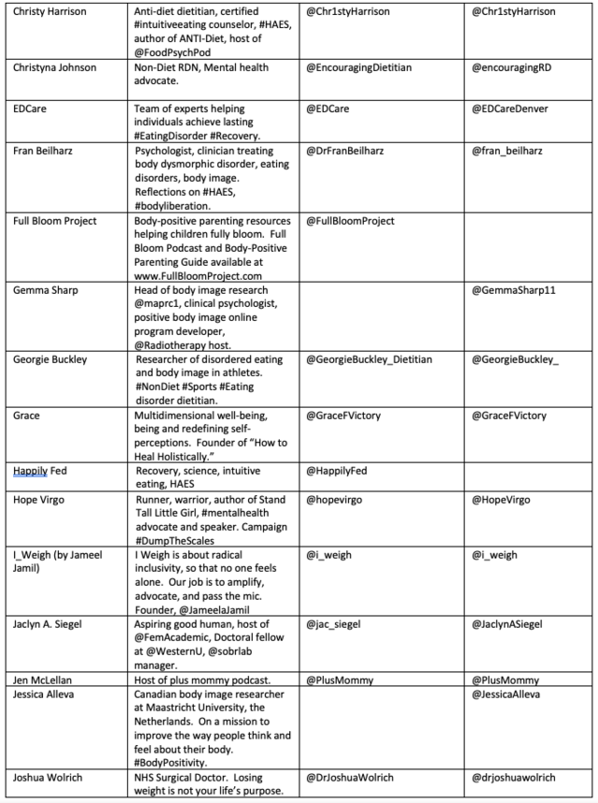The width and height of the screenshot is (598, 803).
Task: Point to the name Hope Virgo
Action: (x=39, y=500)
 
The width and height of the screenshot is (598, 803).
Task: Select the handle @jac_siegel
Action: (x=340, y=623)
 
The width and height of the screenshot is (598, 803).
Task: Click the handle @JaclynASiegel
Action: (x=515, y=623)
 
